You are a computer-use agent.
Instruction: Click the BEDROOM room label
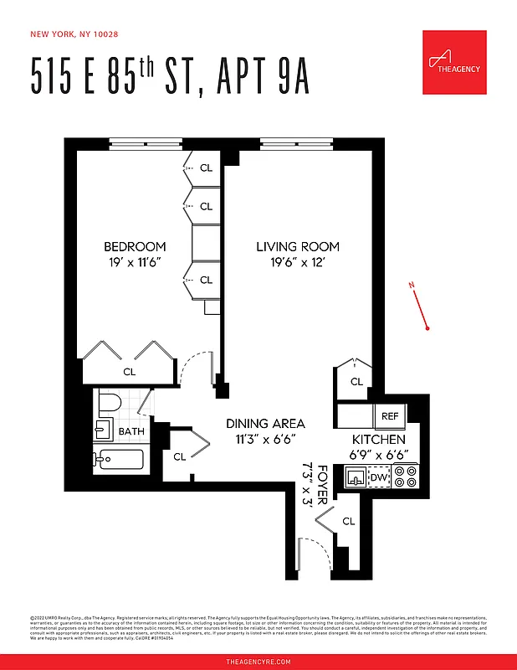coord(135,246)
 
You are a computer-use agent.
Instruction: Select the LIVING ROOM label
coord(298,246)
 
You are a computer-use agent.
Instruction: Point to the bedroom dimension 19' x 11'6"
coord(135,262)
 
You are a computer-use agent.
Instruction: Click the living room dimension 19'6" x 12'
coord(298,262)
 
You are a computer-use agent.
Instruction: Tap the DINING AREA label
coord(265,423)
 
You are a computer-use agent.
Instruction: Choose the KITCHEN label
coord(378,439)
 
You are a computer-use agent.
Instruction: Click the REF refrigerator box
coord(390,415)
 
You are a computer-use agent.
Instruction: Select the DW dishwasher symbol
coord(378,478)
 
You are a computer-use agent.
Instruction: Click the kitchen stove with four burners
coord(406,477)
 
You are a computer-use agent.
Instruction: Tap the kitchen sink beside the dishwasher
coord(356,478)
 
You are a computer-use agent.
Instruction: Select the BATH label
coord(131,431)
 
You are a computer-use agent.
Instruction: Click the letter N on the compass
coord(412,286)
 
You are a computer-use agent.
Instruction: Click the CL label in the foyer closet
coord(348,521)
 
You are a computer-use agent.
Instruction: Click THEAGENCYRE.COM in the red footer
coord(258,662)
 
